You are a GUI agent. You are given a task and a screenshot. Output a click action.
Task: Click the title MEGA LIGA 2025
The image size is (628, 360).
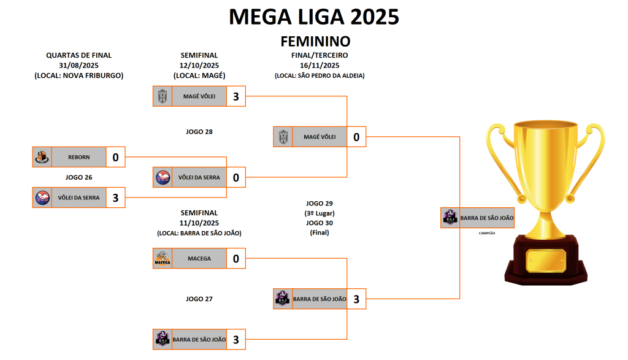(314, 17)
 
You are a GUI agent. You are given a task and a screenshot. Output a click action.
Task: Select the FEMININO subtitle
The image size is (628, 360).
(315, 42)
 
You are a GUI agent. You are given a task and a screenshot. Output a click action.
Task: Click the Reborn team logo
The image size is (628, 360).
(42, 158)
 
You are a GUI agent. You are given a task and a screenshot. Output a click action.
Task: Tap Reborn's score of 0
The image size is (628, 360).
(115, 158)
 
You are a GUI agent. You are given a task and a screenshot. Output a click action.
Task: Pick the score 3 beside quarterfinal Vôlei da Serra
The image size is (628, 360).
(115, 197)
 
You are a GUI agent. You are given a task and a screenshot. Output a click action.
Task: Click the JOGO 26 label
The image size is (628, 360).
(78, 177)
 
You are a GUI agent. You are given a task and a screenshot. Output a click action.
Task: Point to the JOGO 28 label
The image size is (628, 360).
(199, 131)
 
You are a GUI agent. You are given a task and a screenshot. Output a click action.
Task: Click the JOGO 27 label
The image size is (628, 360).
(199, 299)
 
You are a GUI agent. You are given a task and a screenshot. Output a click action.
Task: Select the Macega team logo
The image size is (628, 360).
(162, 259)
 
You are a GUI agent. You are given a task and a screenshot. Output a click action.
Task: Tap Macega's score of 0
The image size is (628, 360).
(235, 259)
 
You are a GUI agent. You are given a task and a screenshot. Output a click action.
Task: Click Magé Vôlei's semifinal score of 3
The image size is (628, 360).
(235, 96)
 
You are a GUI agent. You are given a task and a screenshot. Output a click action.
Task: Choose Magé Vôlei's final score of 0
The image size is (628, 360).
(356, 137)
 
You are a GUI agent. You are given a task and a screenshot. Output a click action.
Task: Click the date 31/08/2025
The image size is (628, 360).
(78, 65)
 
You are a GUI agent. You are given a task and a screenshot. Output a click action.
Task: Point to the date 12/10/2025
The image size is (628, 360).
(199, 65)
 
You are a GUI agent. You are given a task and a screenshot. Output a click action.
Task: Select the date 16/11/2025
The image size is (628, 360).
(320, 65)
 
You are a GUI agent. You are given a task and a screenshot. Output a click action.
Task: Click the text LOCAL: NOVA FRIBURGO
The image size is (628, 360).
(78, 75)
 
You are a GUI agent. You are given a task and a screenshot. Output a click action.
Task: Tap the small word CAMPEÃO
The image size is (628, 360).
(487, 234)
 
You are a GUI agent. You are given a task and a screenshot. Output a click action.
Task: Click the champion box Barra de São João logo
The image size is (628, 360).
(450, 218)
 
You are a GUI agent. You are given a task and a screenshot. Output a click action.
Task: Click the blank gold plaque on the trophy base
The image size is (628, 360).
(545, 261)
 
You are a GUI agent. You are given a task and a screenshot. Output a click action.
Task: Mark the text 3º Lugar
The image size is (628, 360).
(320, 213)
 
